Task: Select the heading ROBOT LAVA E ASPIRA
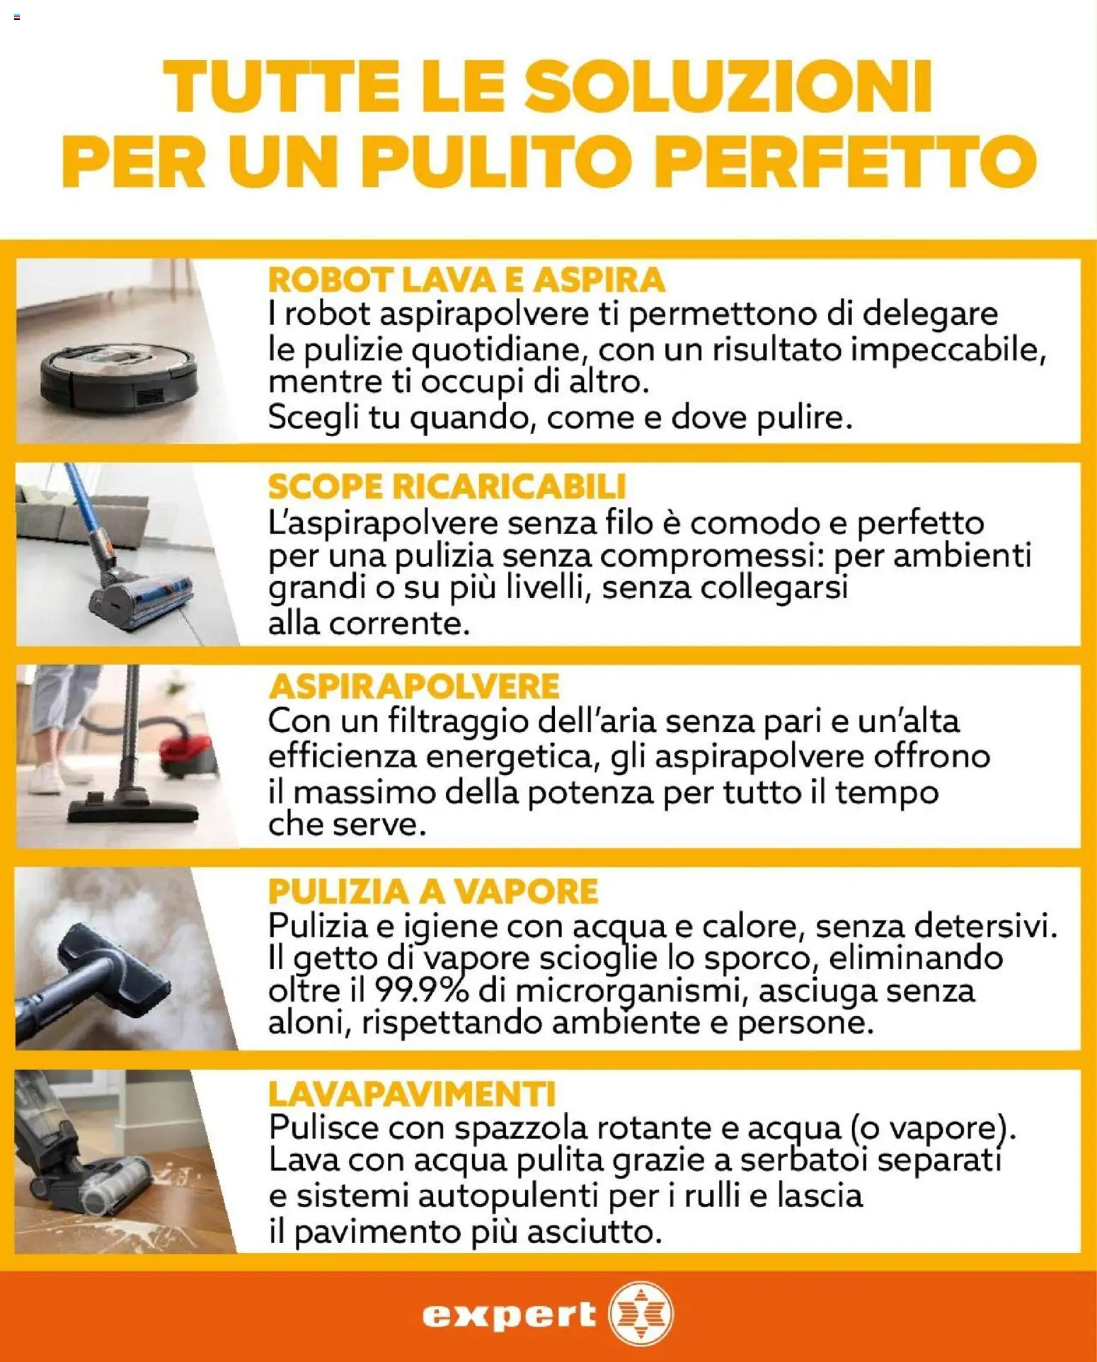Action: (466, 280)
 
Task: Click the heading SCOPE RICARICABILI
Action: (447, 486)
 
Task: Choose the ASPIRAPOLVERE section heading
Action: (414, 686)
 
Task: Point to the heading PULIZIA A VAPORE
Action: (433, 891)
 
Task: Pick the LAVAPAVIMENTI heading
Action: (412, 1094)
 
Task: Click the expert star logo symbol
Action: (641, 1314)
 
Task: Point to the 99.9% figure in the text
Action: (421, 990)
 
